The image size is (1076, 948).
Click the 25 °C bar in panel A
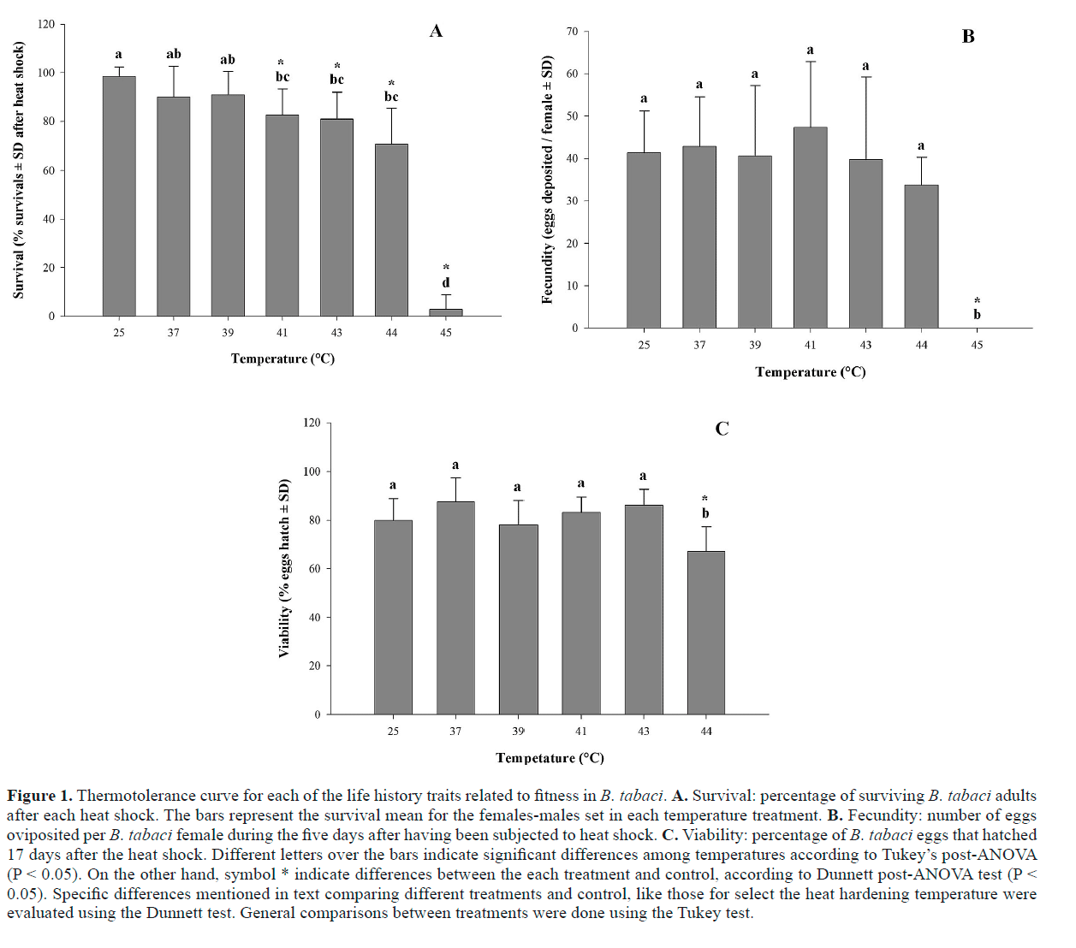pos(119,196)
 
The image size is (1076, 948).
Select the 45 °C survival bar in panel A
pos(446,312)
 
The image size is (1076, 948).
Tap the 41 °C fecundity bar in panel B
pos(810,227)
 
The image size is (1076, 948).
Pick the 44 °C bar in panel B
pos(921,256)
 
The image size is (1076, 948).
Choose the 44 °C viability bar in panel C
pos(706,632)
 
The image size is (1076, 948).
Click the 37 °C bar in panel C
pos(455,607)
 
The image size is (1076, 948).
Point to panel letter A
pos(437,32)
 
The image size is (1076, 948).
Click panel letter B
pos(968,37)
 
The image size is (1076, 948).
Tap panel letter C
pos(722,429)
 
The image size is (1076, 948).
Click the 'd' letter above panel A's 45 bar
pos(446,282)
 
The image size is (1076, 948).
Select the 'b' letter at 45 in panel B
pos(977,315)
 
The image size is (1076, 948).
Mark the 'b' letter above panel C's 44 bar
pos(705,513)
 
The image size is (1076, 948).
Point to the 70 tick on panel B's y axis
pos(573,32)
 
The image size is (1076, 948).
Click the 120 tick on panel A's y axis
pos(46,24)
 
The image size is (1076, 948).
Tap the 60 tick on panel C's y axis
pos(314,568)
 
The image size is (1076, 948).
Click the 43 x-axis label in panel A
pos(336,333)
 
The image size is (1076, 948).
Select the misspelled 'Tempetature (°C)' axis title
pos(550,758)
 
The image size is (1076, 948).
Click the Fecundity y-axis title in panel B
pos(548,180)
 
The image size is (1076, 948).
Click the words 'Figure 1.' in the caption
pos(39,796)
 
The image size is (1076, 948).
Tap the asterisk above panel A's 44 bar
pos(391,84)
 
